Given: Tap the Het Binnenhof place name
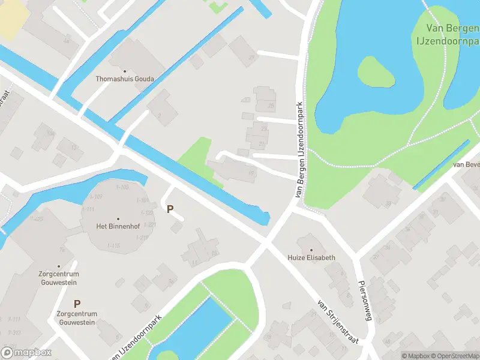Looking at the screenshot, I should click(118, 226).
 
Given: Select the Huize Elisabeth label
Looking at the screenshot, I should click(311, 257).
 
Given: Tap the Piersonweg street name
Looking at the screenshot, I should click(365, 300).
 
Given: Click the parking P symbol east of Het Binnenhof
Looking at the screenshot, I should click(170, 209).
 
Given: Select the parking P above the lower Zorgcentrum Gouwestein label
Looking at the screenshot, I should click(77, 304).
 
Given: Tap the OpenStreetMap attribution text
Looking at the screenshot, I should click(456, 356).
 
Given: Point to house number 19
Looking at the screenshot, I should click(251, 174).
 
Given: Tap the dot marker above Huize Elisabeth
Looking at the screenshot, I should click(311, 249).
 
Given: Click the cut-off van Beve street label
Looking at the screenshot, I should click(466, 164).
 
